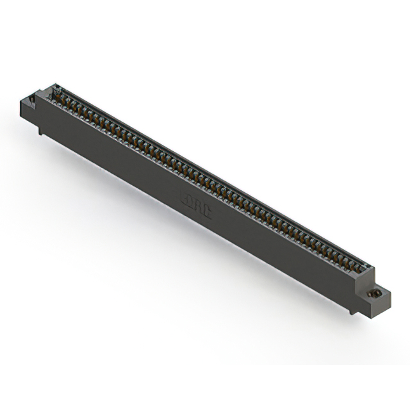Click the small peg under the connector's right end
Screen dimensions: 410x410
click(x=352, y=311)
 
